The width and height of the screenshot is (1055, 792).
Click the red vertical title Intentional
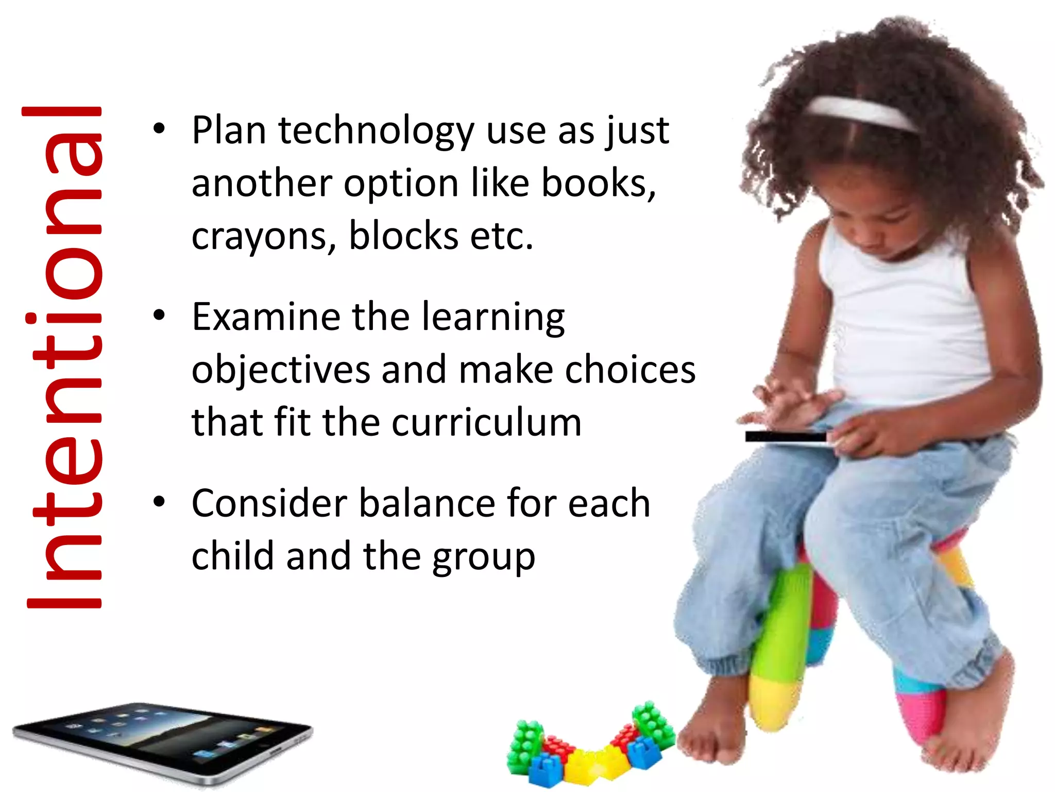tap(64, 358)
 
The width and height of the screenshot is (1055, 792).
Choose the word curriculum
tap(486, 423)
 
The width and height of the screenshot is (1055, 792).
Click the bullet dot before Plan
tap(159, 128)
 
